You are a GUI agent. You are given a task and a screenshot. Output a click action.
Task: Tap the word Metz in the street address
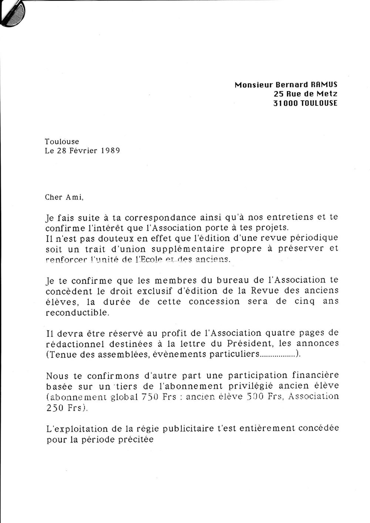[328, 94]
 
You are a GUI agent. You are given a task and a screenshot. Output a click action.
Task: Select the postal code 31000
[286, 104]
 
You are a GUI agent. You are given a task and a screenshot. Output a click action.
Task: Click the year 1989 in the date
[110, 151]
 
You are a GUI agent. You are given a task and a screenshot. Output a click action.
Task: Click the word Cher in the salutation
[54, 197]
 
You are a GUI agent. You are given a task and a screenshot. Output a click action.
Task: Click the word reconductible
[77, 312]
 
